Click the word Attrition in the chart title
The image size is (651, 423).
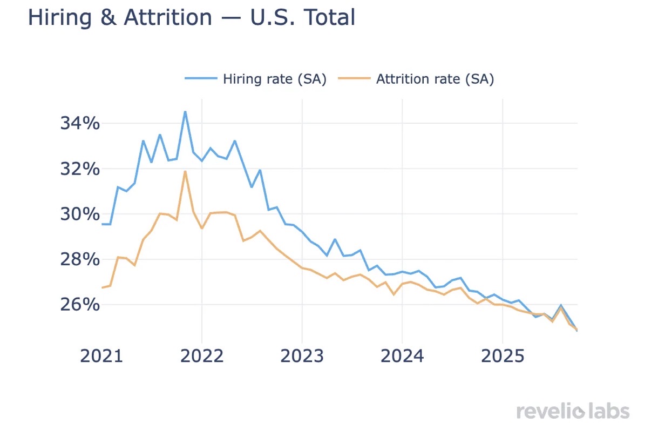pos(168,17)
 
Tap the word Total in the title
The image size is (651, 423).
pos(329,17)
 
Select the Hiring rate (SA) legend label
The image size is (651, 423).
pos(275,79)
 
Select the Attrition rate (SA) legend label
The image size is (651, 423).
pos(435,79)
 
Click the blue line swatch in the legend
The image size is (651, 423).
pos(201,79)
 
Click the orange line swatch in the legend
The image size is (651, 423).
pos(354,79)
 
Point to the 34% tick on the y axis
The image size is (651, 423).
pos(80,124)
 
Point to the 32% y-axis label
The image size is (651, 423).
pos(80,169)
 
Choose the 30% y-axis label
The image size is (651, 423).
pos(80,214)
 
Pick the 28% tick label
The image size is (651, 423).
pos(80,260)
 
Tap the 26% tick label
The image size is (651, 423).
pos(80,305)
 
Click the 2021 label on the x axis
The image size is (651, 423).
pos(102,357)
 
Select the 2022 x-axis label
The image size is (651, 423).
pos(202,357)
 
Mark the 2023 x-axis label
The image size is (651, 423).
pos(302,357)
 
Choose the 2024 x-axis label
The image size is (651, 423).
pos(402,357)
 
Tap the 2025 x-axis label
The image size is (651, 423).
pos(502,357)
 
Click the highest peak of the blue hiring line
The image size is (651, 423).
pos(185,112)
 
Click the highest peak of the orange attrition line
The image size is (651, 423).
pos(185,171)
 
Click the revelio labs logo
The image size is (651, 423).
pos(573,411)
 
